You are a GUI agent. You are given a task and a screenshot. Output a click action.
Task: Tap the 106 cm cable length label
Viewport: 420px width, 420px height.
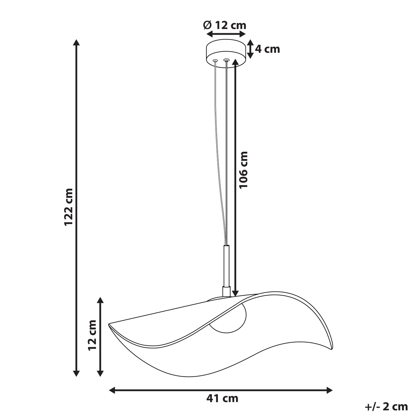[244, 170]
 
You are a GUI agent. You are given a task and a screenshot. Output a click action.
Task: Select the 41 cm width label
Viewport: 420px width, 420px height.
[222, 399]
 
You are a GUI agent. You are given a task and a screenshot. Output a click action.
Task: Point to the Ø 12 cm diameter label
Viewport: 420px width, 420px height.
[225, 26]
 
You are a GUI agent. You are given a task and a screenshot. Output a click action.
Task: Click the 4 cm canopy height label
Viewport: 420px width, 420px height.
[267, 49]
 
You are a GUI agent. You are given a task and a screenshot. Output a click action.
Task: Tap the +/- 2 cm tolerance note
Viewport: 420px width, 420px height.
[386, 407]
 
